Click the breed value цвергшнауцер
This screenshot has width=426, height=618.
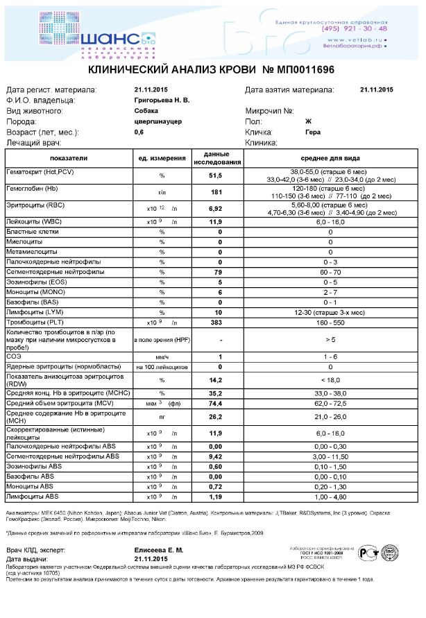[158, 121]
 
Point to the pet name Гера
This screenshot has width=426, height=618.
[312, 131]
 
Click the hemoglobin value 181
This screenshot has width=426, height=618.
[220, 191]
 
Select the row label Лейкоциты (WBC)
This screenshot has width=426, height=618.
[35, 221]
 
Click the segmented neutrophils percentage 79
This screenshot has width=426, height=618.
[220, 273]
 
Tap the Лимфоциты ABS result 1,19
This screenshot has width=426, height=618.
[220, 497]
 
